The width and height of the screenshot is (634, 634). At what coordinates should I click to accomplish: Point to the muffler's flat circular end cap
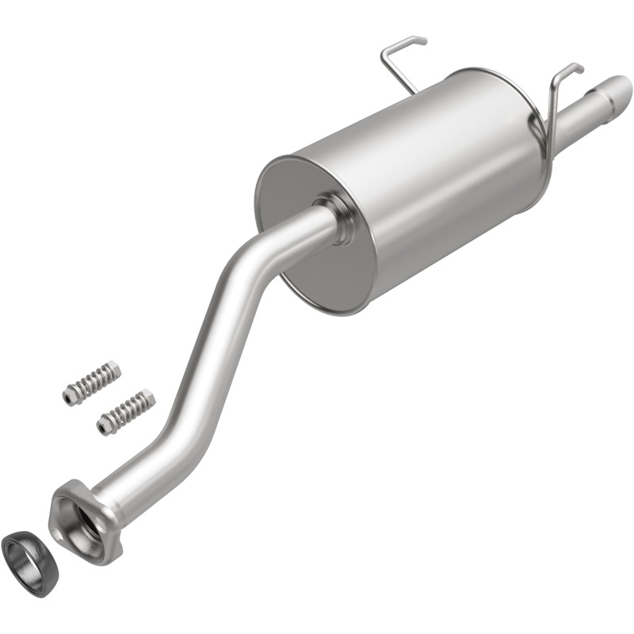coord(316,231)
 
